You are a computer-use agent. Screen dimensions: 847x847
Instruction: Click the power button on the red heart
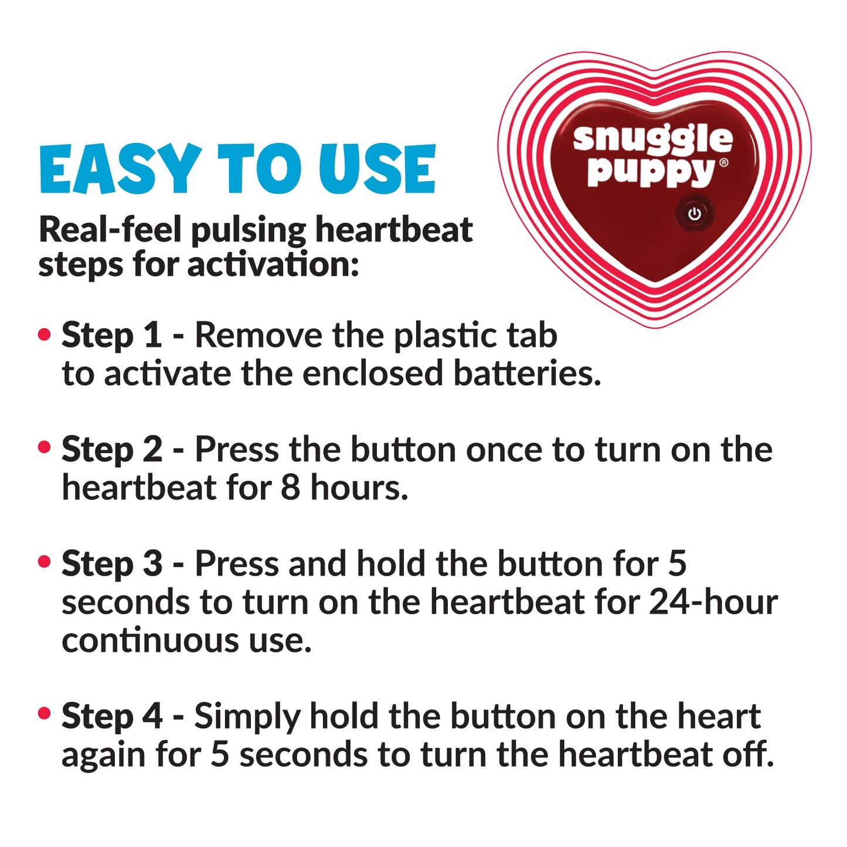point(695,214)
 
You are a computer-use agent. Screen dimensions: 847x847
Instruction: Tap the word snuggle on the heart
point(652,139)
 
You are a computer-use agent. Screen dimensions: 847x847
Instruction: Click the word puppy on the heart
point(651,171)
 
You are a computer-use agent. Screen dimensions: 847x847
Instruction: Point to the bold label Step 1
point(111,335)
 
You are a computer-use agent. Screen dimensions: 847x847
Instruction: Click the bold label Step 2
point(112,450)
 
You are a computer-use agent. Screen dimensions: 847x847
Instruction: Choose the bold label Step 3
point(112,563)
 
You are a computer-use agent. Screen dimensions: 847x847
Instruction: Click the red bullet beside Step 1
point(45,335)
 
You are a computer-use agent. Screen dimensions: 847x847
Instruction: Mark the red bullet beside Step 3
point(45,562)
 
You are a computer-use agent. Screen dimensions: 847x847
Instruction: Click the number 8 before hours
point(290,488)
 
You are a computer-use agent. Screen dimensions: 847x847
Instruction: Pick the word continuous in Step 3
point(150,639)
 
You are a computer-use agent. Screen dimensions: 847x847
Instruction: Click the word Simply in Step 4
point(246,717)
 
